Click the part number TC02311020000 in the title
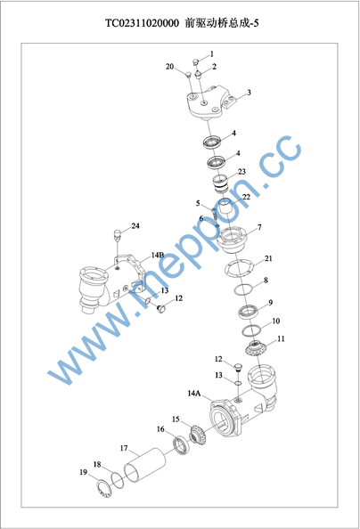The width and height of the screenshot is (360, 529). tap(142, 23)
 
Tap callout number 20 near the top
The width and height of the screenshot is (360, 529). tap(169, 67)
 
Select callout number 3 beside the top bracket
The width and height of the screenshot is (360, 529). tap(249, 93)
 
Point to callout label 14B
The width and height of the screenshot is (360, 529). tap(158, 255)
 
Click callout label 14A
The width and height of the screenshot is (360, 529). tap(194, 393)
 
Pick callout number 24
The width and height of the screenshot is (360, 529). tap(135, 225)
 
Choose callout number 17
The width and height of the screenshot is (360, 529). tap(124, 448)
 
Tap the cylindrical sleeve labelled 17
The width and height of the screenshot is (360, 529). tap(144, 465)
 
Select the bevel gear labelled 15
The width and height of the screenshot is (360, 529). tap(199, 435)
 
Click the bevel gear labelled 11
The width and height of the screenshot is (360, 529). tap(256, 348)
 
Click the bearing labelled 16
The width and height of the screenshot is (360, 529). tap(182, 445)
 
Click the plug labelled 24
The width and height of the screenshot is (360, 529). tap(118, 234)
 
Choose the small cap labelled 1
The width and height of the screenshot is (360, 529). tap(195, 61)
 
